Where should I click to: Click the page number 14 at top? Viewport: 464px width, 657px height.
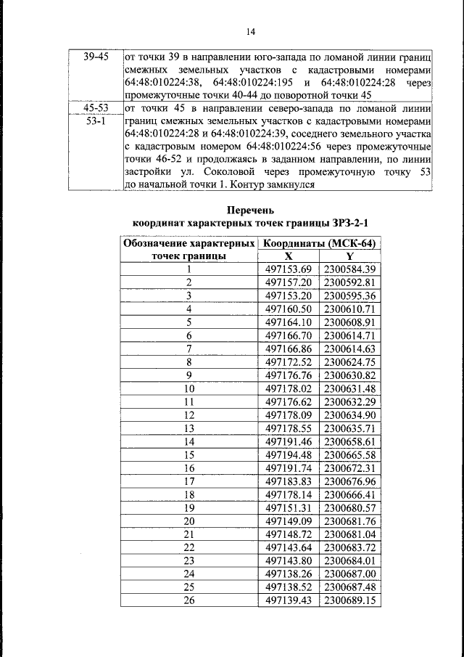[250, 31]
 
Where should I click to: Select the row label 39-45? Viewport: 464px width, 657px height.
[95, 56]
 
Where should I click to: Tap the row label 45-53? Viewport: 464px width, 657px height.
[95, 109]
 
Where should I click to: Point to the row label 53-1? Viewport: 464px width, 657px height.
[95, 121]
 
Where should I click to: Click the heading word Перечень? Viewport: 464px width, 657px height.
[250, 210]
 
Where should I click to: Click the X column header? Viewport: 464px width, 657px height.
[289, 256]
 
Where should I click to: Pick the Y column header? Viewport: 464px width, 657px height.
[349, 256]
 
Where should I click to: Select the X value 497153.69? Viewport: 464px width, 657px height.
[289, 269]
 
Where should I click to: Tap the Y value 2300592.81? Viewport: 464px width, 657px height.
[349, 282]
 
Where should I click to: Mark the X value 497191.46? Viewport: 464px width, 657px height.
[289, 441]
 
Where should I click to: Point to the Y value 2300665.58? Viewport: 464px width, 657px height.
[349, 454]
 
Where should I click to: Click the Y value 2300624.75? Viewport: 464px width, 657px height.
[349, 361]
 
